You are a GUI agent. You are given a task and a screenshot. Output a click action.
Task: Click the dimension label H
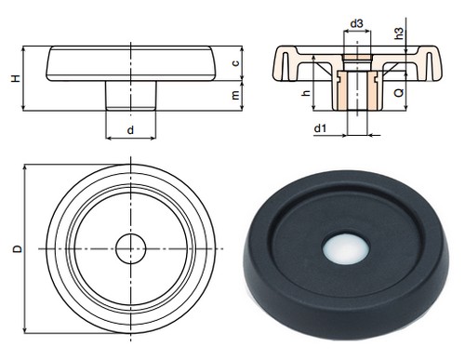[16, 78]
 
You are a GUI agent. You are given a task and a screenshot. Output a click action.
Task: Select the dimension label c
[236, 63]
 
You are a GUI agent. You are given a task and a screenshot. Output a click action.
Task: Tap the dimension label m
[236, 95]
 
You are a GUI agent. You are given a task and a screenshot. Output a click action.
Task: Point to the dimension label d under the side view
[130, 130]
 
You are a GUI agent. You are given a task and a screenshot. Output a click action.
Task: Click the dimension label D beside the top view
[18, 249]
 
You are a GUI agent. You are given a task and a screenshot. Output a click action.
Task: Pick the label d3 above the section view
[356, 23]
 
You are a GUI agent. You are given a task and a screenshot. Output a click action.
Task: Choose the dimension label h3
[400, 33]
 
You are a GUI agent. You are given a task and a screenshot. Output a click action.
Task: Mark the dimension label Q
[399, 92]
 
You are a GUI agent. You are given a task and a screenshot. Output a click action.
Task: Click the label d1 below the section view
[321, 127]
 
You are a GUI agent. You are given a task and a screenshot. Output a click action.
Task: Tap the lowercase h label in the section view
[306, 92]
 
